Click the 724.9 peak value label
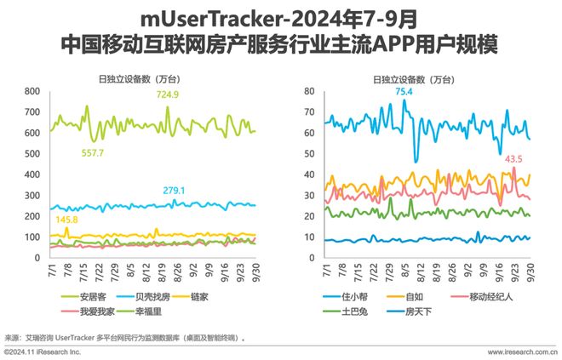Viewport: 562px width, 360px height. (x=166, y=95)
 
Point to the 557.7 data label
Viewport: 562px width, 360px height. (x=89, y=152)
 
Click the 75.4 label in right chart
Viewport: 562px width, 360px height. (x=404, y=91)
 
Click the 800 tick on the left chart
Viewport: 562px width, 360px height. (x=33, y=91)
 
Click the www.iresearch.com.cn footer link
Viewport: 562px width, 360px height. (x=522, y=351)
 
